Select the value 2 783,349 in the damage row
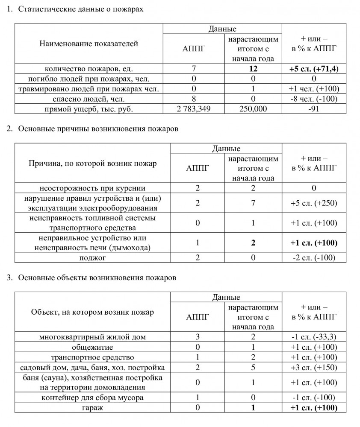pyautogui.click(x=194, y=109)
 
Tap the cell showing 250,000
pyautogui.click(x=254, y=109)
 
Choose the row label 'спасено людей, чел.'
pyautogui.click(x=89, y=99)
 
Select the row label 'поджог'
pyautogui.click(x=92, y=257)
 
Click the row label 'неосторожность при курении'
pyautogui.click(x=92, y=188)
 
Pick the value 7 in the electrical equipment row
pyautogui.click(x=254, y=203)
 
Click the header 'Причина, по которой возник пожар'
pyautogui.click(x=92, y=164)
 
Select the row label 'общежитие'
pyautogui.click(x=92, y=347)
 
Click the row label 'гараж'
pyautogui.click(x=92, y=408)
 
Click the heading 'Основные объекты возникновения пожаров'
pyautogui.click(x=97, y=278)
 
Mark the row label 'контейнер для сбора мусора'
pyautogui.click(x=92, y=398)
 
